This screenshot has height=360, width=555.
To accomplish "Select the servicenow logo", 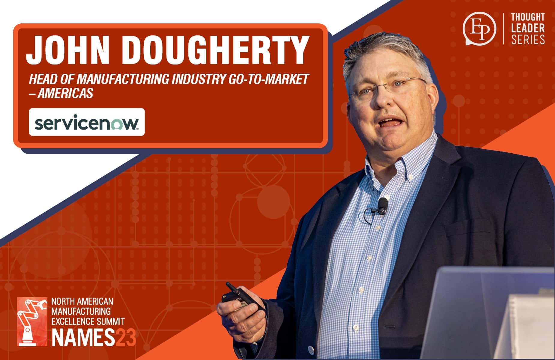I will (87, 122).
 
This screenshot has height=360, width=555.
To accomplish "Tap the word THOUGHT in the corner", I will (528, 17).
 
